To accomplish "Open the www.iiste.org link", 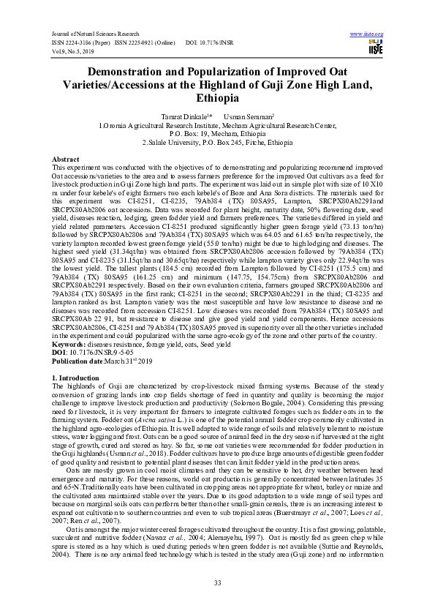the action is click(367, 34).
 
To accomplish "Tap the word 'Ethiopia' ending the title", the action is click(217, 99).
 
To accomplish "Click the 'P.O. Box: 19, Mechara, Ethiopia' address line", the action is click(217, 134).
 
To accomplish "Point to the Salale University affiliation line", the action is click(217, 143).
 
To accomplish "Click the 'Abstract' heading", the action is click(66, 159).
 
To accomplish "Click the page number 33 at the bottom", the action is click(217, 582).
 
